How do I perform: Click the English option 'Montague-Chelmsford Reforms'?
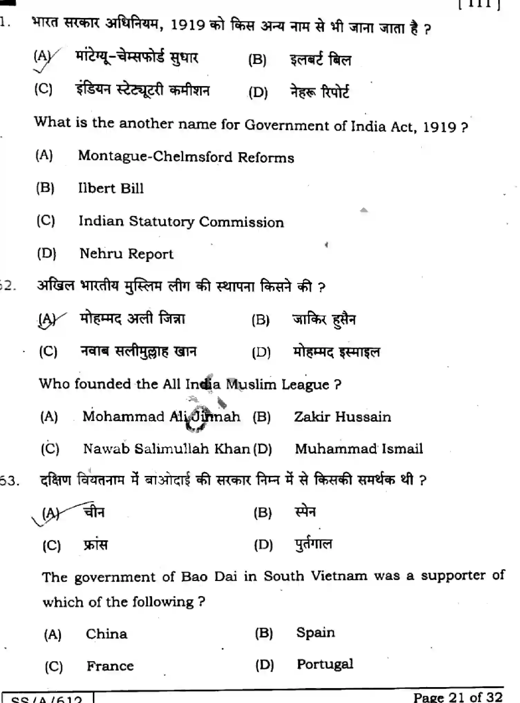coord(186,157)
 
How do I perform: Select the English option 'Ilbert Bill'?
coord(111,188)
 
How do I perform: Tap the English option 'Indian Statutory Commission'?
coord(181,222)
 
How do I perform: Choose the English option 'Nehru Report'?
coord(126,254)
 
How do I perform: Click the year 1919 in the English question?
coord(439,127)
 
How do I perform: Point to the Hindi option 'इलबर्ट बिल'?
coord(320,60)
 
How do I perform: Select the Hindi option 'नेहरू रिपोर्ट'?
coord(319,92)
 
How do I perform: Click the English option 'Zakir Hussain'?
coord(342,417)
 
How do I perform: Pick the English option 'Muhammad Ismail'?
coord(358,449)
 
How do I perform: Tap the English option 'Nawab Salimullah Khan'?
coord(166,449)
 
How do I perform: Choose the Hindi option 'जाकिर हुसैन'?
coord(324,320)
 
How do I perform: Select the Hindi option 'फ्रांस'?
coord(96,545)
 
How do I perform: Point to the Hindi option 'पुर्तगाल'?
coord(313,544)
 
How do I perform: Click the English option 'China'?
coord(106,634)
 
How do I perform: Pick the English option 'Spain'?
coord(315,632)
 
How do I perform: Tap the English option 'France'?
coord(110,666)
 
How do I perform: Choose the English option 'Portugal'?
coord(325,664)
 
